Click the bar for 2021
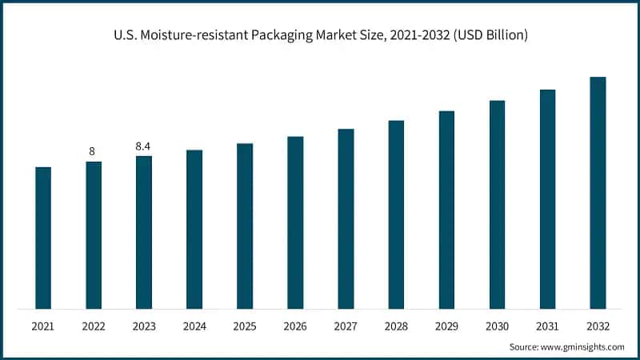43,238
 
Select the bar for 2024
194,229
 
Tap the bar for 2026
295,222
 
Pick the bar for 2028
396,214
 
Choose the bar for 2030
497,204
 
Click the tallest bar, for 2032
598,193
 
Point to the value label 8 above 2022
94,151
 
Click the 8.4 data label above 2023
144,146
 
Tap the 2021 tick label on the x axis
43,326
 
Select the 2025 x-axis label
245,326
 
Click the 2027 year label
346,326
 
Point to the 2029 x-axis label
446,326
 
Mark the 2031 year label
547,326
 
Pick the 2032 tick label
598,326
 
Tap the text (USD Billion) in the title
490,36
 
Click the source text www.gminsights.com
582,347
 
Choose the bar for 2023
144,232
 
